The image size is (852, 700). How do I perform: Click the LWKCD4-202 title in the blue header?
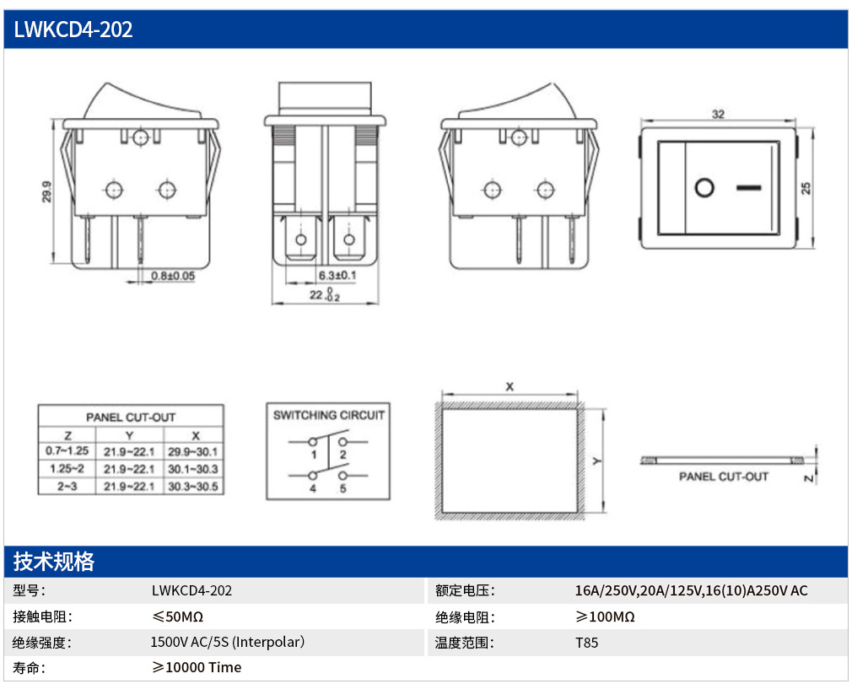tap(73, 30)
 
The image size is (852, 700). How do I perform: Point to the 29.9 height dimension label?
tap(46, 191)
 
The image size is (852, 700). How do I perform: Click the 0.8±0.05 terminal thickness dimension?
tap(173, 276)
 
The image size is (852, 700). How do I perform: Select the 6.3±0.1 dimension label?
tap(337, 276)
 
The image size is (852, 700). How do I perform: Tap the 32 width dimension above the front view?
tap(719, 114)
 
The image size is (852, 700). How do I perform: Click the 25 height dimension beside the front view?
tap(806, 188)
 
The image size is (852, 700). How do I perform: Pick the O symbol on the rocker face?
tap(704, 188)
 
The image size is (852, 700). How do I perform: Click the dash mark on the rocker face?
tap(749, 188)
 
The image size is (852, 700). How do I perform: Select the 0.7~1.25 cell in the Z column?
tap(67, 450)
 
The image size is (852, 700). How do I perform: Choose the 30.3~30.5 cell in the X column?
tap(193, 487)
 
